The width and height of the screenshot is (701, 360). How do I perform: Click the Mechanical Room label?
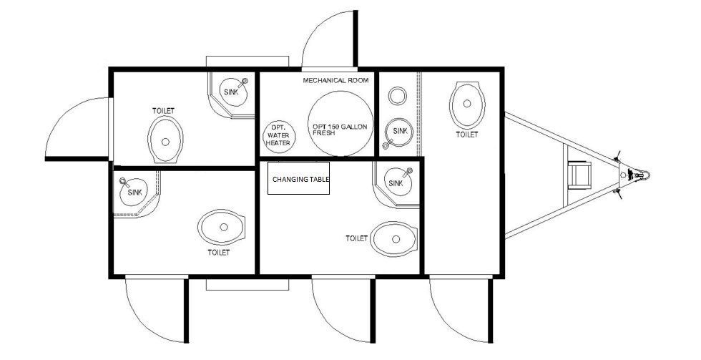(335, 80)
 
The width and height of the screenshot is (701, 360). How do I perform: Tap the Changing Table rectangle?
(299, 178)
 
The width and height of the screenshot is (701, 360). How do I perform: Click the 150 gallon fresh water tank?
(340, 123)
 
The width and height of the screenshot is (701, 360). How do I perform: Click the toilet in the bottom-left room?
(222, 227)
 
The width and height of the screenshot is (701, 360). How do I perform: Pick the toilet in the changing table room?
(394, 239)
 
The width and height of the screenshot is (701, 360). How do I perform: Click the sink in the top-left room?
(232, 92)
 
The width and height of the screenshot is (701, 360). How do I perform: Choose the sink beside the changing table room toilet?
(398, 182)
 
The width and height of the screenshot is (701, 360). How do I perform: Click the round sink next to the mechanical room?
(398, 132)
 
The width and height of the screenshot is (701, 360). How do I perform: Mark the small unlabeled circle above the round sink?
(397, 96)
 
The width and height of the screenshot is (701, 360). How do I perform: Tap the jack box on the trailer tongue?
(579, 175)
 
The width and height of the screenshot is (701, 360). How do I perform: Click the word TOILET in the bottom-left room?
(219, 253)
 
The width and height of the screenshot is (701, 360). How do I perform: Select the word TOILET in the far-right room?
(466, 134)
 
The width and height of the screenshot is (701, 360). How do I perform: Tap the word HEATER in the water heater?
(278, 142)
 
